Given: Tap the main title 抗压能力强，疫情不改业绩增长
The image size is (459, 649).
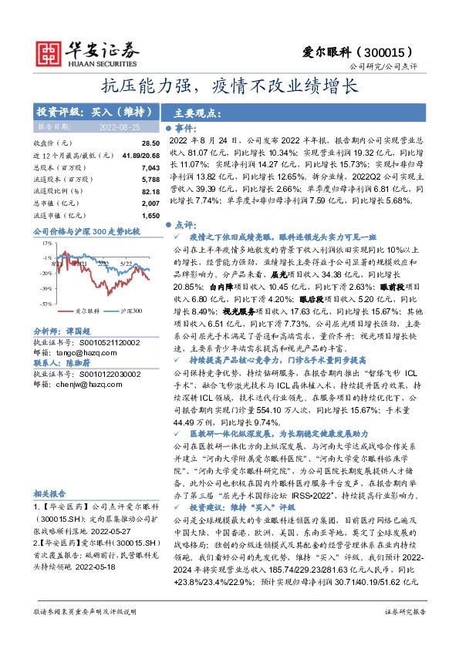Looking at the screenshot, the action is [x=229, y=85].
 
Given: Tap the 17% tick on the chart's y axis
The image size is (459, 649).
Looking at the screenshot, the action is [x=48, y=240].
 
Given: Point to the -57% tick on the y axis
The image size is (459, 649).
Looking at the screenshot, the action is [x=47, y=304].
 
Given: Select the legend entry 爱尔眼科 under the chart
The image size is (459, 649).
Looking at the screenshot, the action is [x=66, y=311].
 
